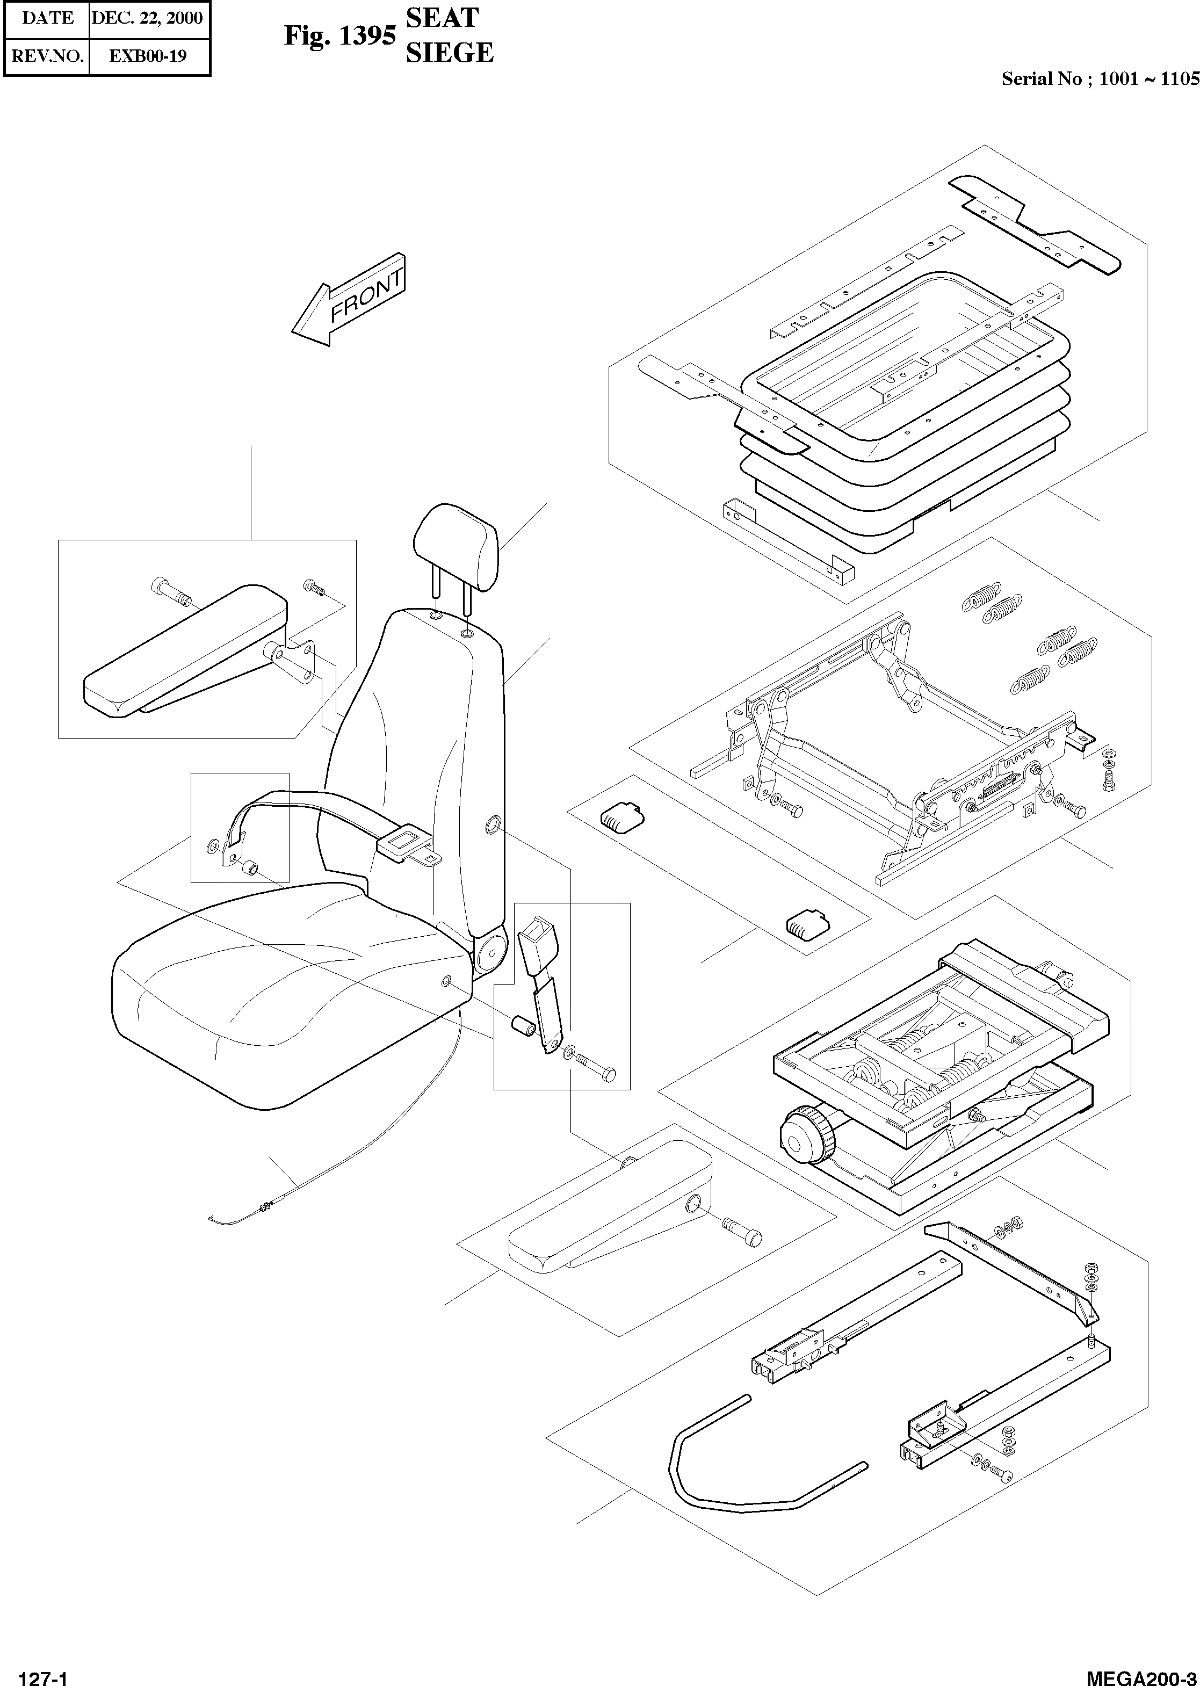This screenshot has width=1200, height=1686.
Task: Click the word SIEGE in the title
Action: pos(449,53)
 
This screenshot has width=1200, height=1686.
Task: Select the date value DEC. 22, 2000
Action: pos(147,18)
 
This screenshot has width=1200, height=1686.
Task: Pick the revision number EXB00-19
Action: pos(147,55)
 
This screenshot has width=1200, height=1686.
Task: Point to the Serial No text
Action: pos(1100,79)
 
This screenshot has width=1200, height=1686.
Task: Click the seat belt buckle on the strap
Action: pos(403,843)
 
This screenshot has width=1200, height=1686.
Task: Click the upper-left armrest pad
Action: pos(185,650)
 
